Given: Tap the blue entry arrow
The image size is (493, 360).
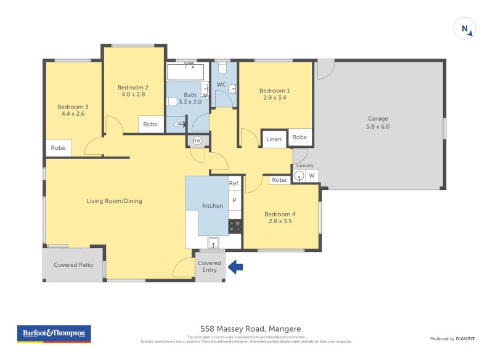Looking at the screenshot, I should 236,267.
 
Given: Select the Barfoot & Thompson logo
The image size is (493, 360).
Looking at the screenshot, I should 54,333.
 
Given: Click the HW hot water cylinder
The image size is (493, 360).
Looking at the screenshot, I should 197,141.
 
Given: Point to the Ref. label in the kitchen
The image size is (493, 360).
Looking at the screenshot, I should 234,183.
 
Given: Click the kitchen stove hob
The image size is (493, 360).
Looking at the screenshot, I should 235,226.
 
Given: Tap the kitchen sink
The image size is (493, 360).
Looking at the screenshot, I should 213,242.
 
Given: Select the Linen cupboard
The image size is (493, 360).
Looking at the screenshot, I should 274,139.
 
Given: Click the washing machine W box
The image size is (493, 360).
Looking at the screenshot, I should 312,176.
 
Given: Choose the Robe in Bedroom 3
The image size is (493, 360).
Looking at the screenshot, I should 59,148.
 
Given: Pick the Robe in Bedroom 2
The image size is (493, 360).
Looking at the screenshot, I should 150,124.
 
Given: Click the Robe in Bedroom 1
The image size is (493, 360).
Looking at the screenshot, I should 300,137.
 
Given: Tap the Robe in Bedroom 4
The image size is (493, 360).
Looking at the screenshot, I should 279,180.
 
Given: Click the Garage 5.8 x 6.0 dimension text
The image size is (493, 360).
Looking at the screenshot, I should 378,126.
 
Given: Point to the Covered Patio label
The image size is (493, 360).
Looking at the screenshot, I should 73,265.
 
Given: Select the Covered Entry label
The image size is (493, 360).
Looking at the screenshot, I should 210,266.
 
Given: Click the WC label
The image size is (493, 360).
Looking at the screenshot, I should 221,84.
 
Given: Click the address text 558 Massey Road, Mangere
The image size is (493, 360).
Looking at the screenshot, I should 250,329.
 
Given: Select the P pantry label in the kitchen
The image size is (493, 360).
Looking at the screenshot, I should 234,201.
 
